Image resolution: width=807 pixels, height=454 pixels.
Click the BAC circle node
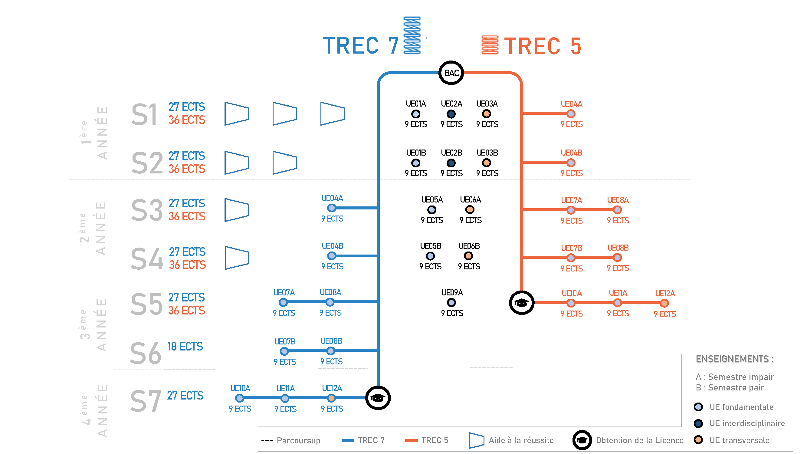(x=451, y=73)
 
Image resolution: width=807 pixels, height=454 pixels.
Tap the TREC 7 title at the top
(x=360, y=46)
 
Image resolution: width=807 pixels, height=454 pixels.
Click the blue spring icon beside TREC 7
(x=412, y=35)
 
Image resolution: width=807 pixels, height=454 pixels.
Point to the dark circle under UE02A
(x=451, y=114)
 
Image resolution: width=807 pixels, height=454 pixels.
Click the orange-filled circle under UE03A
(x=487, y=114)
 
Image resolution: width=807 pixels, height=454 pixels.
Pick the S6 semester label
(x=146, y=353)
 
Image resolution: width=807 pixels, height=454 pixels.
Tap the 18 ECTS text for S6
(x=185, y=347)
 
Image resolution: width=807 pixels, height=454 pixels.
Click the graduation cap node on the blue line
(x=378, y=398)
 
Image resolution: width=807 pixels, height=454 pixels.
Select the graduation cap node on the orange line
(x=522, y=303)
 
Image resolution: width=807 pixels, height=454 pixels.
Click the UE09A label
(x=452, y=293)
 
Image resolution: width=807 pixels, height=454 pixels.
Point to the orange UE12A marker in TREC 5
(x=664, y=303)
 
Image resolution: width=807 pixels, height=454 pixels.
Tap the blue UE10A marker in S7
(x=240, y=398)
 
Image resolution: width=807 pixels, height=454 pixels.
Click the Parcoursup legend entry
(x=291, y=440)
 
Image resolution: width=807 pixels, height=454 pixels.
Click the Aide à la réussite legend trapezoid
(x=476, y=440)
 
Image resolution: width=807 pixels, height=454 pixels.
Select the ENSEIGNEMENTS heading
(x=735, y=359)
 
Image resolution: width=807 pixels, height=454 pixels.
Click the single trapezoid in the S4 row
(x=237, y=258)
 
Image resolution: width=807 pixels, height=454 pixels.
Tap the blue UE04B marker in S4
(x=331, y=256)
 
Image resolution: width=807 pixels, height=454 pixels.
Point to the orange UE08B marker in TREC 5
(x=617, y=258)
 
